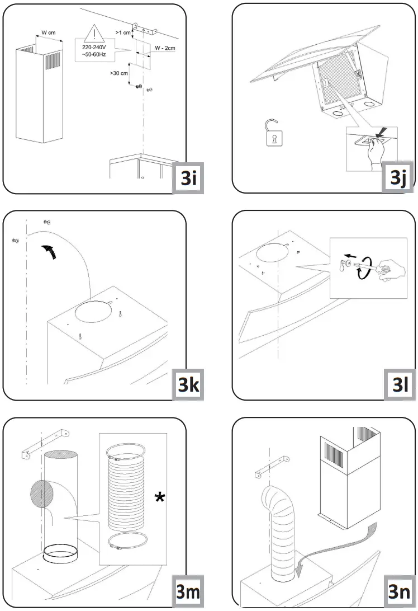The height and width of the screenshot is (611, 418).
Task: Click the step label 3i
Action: (x=186, y=178)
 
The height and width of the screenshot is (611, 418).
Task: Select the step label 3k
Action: (x=186, y=385)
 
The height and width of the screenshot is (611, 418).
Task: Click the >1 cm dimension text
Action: (x=123, y=33)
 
